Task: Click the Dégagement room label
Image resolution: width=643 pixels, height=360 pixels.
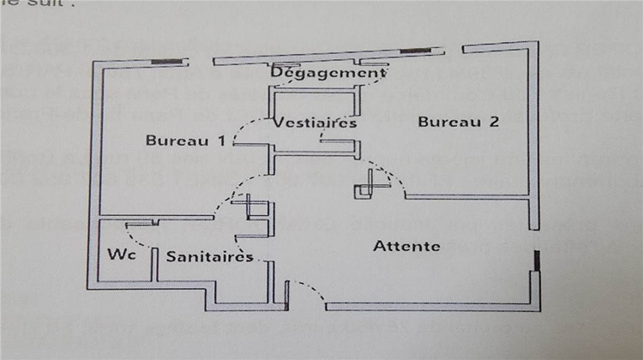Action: click(x=327, y=74)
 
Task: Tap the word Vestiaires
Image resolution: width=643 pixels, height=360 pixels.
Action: click(x=315, y=123)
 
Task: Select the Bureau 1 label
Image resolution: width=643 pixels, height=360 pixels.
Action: click(x=185, y=141)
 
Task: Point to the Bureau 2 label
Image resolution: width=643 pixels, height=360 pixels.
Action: click(x=458, y=122)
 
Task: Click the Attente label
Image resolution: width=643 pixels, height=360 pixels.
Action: click(x=406, y=247)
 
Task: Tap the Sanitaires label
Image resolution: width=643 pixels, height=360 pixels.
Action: click(x=209, y=256)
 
